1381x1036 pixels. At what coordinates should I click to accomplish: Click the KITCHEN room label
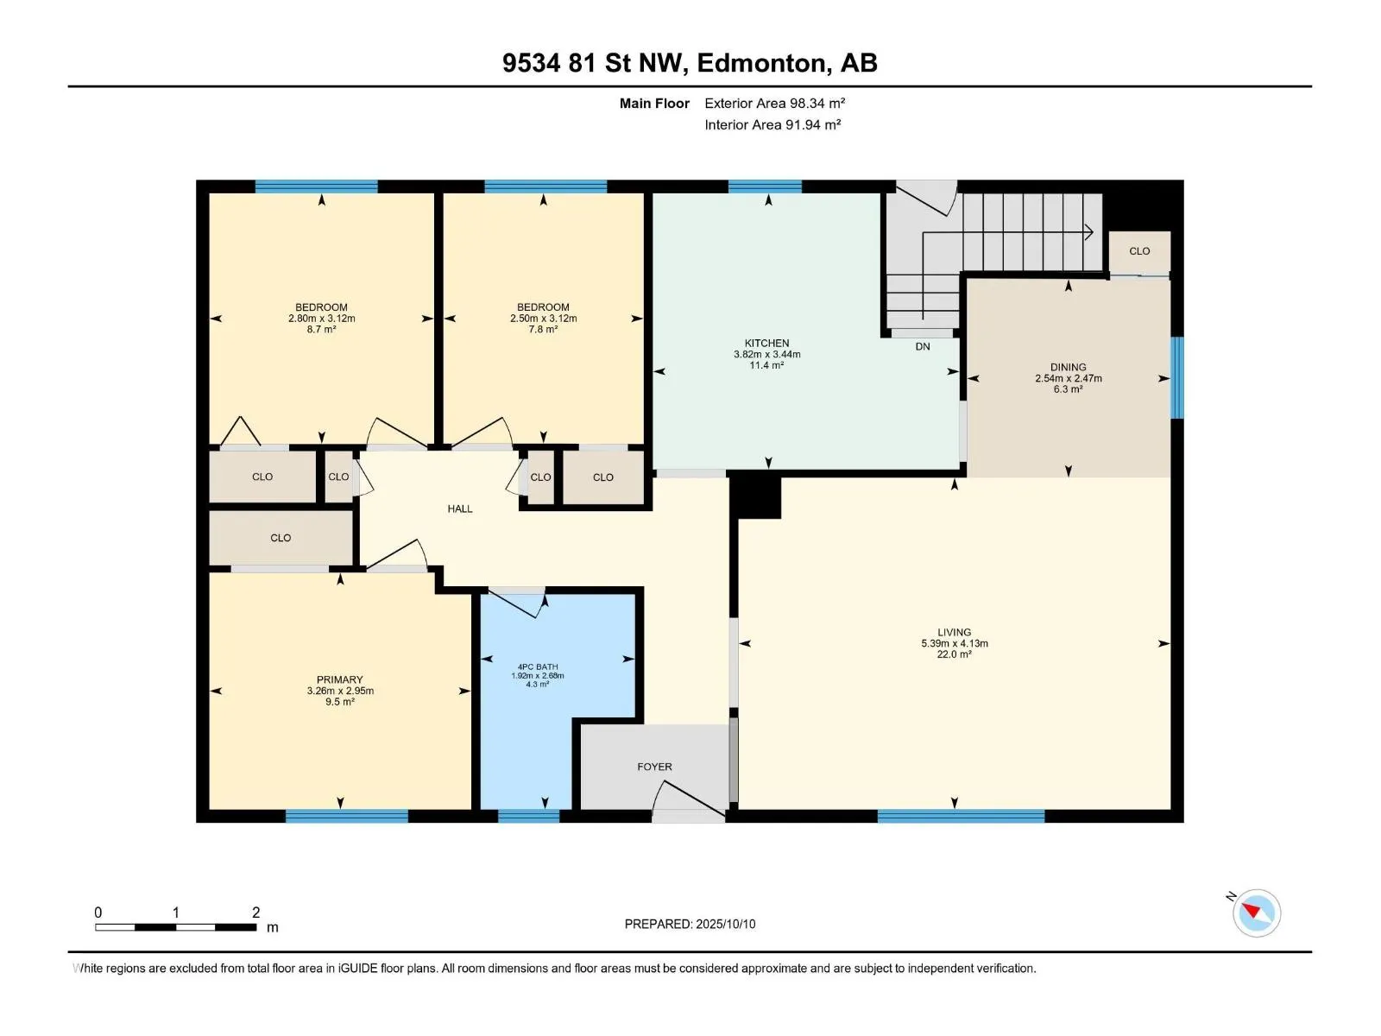click(x=766, y=343)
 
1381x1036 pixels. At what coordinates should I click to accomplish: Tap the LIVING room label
click(x=954, y=632)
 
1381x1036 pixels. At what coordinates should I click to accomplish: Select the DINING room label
click(x=1068, y=367)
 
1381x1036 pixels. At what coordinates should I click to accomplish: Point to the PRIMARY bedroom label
click(x=340, y=679)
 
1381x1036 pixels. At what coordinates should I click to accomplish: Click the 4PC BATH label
click(x=538, y=666)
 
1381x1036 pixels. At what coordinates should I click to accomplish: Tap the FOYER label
click(x=654, y=767)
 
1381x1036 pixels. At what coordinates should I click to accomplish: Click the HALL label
click(x=460, y=509)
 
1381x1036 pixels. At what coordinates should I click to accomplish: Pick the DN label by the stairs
click(x=923, y=346)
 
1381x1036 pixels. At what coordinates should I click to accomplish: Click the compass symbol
click(x=1256, y=912)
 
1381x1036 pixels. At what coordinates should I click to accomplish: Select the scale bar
click(x=175, y=927)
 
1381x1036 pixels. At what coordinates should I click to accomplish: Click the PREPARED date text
click(x=690, y=924)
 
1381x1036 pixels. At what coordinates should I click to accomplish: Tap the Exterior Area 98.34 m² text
click(x=774, y=103)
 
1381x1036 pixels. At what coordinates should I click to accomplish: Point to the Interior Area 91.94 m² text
click(x=772, y=124)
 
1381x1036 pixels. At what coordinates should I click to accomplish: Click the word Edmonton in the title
click(x=760, y=63)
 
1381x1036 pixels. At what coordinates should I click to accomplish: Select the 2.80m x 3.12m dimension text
click(x=321, y=319)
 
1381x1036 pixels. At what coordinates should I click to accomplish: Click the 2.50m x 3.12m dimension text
click(x=543, y=319)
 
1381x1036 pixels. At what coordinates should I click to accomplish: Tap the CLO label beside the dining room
click(x=1138, y=251)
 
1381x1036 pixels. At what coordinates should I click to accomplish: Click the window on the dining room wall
click(x=1176, y=377)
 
